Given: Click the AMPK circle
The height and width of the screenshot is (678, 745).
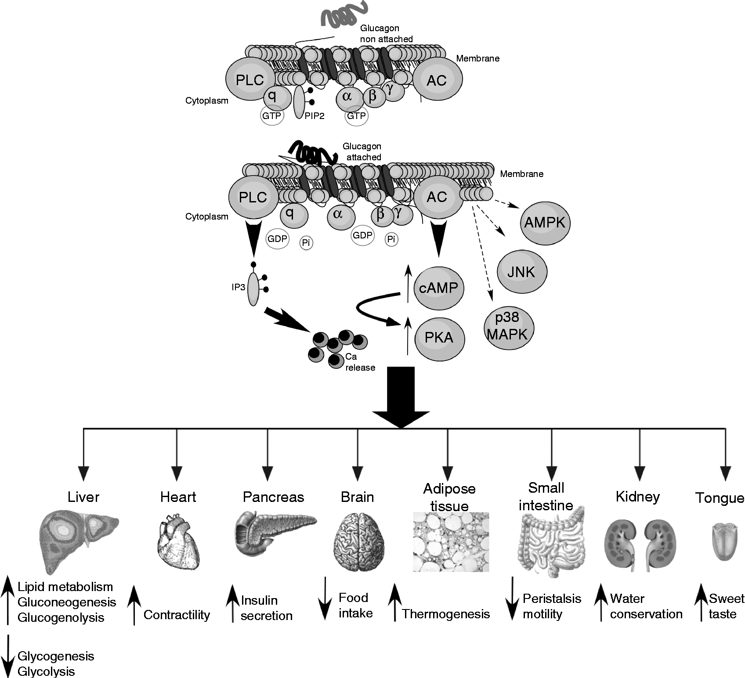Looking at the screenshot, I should coord(545,223).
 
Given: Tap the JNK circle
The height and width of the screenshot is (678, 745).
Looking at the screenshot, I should coord(522,272).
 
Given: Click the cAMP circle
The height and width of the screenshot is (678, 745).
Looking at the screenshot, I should coord(438,288).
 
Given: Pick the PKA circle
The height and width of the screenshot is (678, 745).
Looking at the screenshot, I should coord(439,337).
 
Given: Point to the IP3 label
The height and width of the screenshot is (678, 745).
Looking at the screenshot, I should coord(239,288).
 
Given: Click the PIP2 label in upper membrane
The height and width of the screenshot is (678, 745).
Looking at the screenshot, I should coord(314,116).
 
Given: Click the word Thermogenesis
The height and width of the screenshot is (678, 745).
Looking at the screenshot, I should coord(446,614).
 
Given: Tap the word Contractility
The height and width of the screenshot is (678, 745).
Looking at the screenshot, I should coord(177,615).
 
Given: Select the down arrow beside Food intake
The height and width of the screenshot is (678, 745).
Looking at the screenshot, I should coord(325,599).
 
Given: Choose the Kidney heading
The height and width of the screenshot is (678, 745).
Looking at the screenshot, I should coord(638,497).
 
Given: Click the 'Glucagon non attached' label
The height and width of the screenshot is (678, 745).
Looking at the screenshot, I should coord(386,34).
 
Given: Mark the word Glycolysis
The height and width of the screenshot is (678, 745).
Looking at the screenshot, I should coord(46,671).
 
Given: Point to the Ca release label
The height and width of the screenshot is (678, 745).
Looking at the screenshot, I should coord(360,362).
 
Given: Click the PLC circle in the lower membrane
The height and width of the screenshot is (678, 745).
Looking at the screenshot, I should coord(253,197).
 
